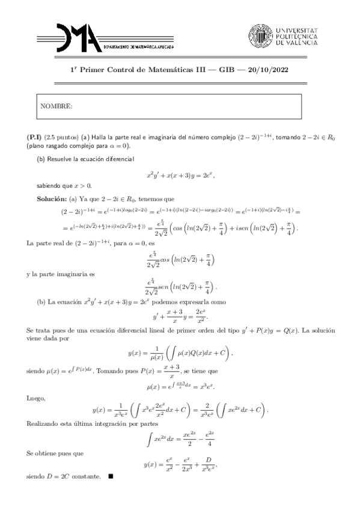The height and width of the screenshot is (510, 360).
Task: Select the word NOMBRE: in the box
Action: [x=57, y=106]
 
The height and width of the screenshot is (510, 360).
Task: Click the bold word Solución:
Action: [x=52, y=198]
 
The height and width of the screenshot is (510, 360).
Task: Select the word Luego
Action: [x=35, y=398]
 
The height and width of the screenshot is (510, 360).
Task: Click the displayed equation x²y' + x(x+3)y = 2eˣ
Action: [x=180, y=175]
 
